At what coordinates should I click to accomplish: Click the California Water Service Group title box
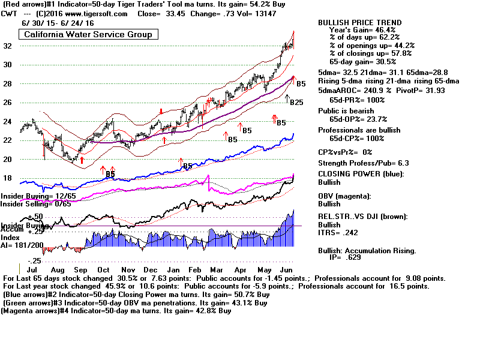coord(88,34)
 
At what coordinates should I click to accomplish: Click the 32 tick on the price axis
coord(8,46)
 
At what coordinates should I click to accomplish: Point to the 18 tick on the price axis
coord(8,178)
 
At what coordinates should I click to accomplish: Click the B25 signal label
coord(296,103)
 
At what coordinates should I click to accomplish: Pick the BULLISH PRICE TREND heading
coord(360,22)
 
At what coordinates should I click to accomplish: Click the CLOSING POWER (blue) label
coord(360,174)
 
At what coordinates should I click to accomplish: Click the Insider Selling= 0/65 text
coord(35,204)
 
